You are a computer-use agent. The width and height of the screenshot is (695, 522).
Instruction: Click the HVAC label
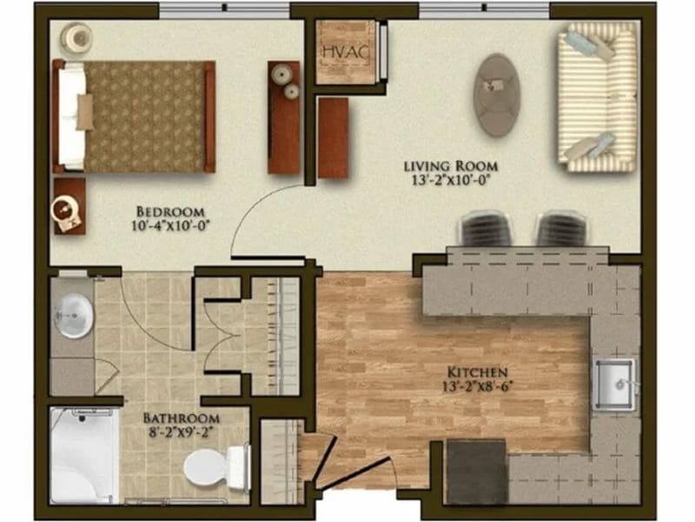click(345, 52)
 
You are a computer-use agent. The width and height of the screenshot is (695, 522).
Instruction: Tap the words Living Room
click(450, 166)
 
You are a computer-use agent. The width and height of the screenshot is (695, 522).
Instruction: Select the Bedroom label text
click(170, 211)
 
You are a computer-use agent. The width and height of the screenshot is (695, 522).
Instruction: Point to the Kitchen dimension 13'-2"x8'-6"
click(477, 386)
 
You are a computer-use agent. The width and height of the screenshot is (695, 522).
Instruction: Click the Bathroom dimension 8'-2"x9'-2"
click(181, 432)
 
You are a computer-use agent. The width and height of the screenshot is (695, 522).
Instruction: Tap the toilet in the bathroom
click(217, 467)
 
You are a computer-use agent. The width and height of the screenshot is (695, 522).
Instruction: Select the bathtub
click(84, 456)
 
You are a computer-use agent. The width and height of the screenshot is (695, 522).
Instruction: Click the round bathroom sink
click(74, 316)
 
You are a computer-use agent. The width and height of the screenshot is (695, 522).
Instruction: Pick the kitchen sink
click(614, 384)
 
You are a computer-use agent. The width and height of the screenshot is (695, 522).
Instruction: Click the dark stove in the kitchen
click(476, 472)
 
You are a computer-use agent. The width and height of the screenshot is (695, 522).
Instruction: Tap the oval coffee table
click(496, 95)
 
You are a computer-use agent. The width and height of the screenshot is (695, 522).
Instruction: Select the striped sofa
click(598, 97)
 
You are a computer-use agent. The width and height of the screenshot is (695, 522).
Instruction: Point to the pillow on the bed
click(84, 112)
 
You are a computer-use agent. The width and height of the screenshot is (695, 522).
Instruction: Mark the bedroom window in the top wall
click(224, 10)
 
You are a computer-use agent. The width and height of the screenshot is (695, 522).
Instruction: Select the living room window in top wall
click(485, 10)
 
